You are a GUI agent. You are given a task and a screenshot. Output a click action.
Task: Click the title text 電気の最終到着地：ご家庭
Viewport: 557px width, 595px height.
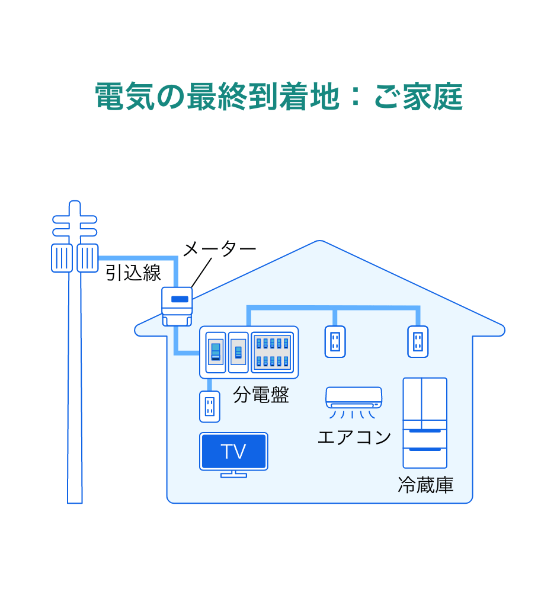click(278, 96)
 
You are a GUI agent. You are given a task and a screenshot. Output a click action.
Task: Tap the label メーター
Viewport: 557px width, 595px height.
click(220, 249)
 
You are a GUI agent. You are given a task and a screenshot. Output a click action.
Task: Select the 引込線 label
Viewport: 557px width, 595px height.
click(133, 273)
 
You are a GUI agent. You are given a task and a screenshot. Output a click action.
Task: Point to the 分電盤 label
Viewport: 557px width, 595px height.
click(261, 395)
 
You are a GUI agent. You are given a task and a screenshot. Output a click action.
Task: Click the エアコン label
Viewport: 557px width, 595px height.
click(354, 437)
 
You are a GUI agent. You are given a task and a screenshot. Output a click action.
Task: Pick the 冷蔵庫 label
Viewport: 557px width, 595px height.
click(425, 485)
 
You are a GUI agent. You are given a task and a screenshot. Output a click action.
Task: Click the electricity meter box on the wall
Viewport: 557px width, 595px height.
click(177, 306)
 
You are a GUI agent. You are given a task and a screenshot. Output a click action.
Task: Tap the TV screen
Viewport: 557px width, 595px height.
click(233, 451)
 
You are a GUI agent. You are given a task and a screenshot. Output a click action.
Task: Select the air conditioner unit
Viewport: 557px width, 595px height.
click(353, 397)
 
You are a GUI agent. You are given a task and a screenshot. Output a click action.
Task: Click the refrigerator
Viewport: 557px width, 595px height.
click(425, 423)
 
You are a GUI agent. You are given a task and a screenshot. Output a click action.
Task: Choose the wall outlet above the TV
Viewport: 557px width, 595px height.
click(209, 406)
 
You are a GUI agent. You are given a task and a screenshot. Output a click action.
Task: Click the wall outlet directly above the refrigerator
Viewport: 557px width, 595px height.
click(418, 341)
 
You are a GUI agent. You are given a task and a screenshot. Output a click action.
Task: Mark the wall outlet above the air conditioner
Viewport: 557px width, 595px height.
click(335, 341)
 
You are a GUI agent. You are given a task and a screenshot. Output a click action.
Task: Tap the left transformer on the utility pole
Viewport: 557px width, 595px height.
click(62, 258)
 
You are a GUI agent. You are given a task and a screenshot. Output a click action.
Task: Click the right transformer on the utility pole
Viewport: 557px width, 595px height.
click(88, 258)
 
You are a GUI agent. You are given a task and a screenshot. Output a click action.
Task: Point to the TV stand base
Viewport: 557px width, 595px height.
click(233, 474)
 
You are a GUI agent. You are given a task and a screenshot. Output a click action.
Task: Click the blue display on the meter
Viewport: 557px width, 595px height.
click(179, 299)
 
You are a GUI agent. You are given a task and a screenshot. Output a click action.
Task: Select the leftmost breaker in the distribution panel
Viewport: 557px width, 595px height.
click(216, 351)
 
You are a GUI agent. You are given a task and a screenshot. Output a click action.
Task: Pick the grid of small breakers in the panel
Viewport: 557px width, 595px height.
click(273, 351)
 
